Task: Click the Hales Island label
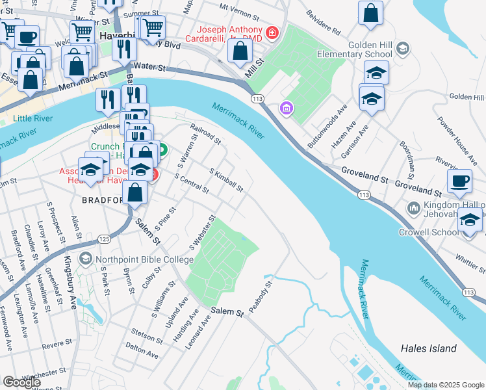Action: (428, 348)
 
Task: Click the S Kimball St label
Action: (225, 180)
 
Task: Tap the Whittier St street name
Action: (470, 260)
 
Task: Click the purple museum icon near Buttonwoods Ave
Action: (284, 107)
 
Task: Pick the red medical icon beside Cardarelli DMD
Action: (272, 32)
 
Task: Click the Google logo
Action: (22, 382)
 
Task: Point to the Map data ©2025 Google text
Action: (445, 385)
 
